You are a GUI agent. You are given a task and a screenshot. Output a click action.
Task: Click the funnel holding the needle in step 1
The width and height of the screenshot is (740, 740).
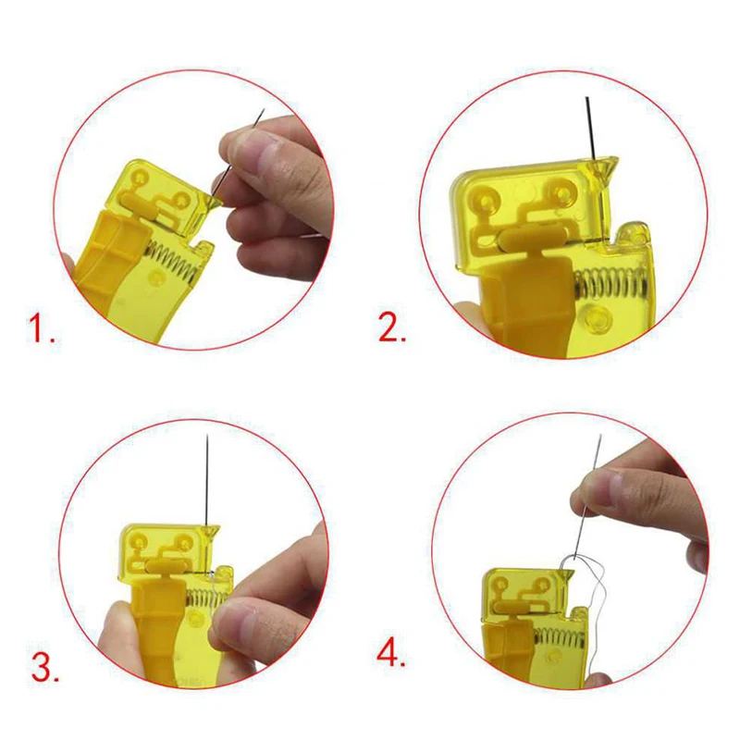216,191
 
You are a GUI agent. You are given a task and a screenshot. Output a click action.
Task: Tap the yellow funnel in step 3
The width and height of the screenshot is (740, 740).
210,532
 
